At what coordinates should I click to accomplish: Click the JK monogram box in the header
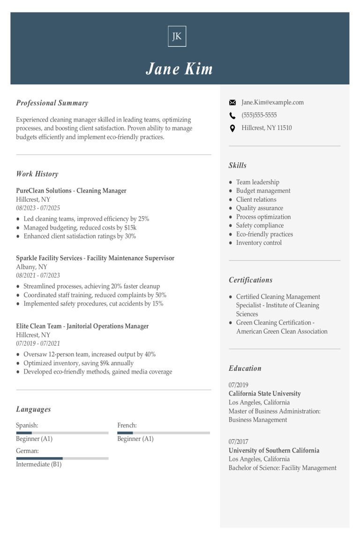coord(177,37)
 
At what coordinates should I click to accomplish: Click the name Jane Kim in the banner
coord(180,69)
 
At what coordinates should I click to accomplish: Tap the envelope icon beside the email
coord(232,103)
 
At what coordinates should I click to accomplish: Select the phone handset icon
coord(232,115)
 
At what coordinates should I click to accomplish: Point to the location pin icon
coord(232,128)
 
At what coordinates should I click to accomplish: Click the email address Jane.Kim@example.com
coord(272,102)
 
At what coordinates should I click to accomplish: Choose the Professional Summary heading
coord(52,103)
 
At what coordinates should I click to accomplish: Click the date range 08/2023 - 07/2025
coord(38,208)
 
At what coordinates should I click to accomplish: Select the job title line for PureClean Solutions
coord(71,191)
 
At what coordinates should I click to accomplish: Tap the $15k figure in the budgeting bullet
coord(130,227)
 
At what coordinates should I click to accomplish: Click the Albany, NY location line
coord(32,267)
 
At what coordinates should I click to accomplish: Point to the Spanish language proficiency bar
coord(62,433)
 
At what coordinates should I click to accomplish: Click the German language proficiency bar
coord(62,458)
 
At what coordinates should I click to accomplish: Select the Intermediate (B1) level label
coord(39,465)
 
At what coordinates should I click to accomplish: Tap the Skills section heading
coord(238,165)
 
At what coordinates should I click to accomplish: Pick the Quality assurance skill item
coord(259,208)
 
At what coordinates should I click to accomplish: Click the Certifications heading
coord(250,280)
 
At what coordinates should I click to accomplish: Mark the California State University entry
coord(265,394)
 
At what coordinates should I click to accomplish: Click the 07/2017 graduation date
coord(239,442)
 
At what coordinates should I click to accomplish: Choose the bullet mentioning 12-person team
coord(90,354)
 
